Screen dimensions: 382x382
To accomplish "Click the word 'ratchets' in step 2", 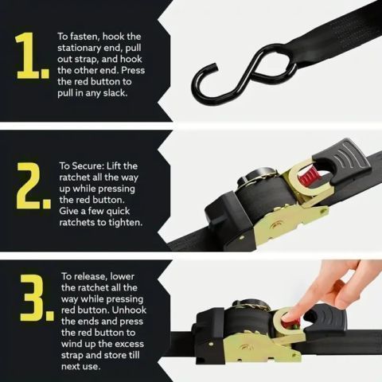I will pos(82,222).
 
